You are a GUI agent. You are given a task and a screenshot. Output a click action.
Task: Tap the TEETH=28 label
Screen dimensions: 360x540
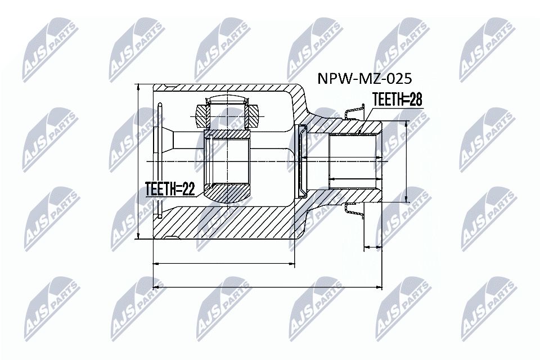[x=397, y=100]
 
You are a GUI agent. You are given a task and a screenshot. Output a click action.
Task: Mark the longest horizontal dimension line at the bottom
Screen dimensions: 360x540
[x=267, y=287]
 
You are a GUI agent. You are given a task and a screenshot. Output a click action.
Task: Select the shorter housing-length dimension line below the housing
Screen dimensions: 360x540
[x=224, y=263]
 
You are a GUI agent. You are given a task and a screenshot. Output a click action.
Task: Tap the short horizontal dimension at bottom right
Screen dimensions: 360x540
[x=373, y=246]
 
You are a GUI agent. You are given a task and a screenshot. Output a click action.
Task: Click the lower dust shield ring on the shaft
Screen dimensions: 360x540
[x=353, y=209]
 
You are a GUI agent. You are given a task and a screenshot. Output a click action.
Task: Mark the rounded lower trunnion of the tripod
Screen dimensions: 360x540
[x=228, y=194]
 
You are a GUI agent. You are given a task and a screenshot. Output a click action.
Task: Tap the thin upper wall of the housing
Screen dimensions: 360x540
[x=225, y=88]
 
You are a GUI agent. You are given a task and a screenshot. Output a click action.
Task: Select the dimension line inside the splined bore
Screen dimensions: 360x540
[x=354, y=179]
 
